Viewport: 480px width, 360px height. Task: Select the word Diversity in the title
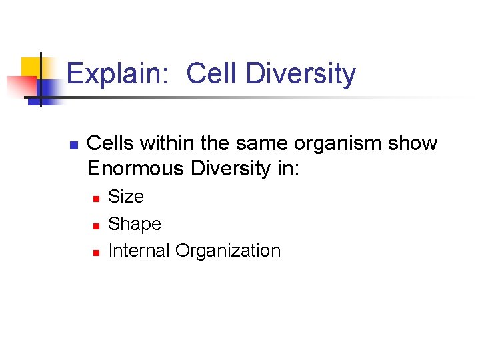[301, 74]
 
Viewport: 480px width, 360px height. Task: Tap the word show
[415, 144]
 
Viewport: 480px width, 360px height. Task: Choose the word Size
[126, 197]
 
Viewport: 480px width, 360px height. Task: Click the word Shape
[135, 224]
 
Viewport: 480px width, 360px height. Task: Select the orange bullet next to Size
[96, 198]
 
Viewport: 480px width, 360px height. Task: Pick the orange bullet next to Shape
[96, 225]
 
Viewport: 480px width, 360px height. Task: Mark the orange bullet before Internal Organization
[96, 252]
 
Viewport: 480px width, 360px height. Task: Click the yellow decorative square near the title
[31, 67]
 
